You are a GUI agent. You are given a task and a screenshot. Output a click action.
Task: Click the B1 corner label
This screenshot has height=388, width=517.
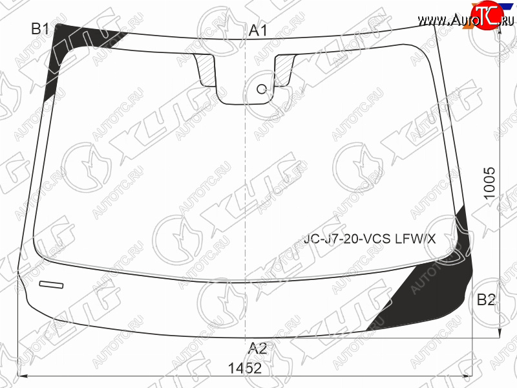pyautogui.click(x=40, y=28)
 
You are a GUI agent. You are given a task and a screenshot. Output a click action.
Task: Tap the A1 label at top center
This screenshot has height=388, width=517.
pyautogui.click(x=258, y=30)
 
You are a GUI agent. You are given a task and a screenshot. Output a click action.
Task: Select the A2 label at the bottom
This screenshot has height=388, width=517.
pyautogui.click(x=257, y=349)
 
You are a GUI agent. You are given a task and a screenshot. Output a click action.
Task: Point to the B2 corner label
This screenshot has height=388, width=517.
pyautogui.click(x=486, y=299)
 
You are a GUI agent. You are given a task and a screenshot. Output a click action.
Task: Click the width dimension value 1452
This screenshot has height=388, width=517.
pyautogui.click(x=245, y=368)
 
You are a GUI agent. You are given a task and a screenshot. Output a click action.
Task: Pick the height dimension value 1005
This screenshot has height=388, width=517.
pyautogui.click(x=490, y=183)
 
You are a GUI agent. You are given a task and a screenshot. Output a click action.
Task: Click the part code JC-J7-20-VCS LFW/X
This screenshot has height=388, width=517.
pyautogui.click(x=370, y=238)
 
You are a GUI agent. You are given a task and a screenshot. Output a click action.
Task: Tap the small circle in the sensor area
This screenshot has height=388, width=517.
pyautogui.click(x=262, y=89)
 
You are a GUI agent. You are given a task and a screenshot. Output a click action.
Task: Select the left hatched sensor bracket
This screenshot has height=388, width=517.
pyautogui.click(x=206, y=70)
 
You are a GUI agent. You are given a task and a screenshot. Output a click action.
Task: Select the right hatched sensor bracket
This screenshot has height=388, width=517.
pyautogui.click(x=284, y=70)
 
